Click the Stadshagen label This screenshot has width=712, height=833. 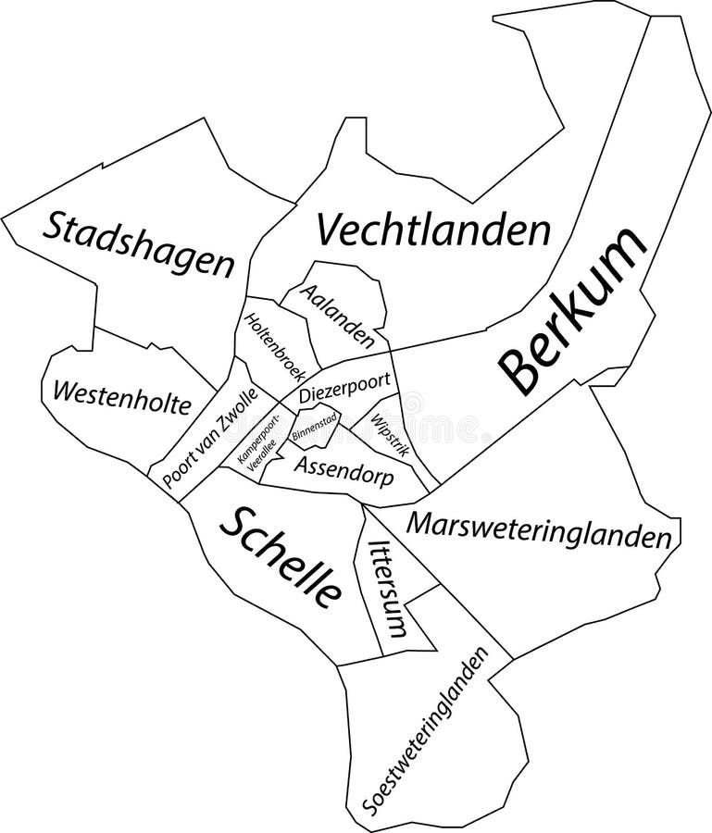pos(139,242)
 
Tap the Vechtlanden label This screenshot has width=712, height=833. pos(432,230)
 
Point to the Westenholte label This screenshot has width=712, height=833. pos(122,397)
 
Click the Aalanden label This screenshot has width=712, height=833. pos(340,311)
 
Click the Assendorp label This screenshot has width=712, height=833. pos(343,471)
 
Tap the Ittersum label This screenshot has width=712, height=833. pos(387,590)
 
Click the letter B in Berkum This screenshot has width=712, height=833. pos(518,377)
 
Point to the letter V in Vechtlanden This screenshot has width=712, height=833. pos(331,228)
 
